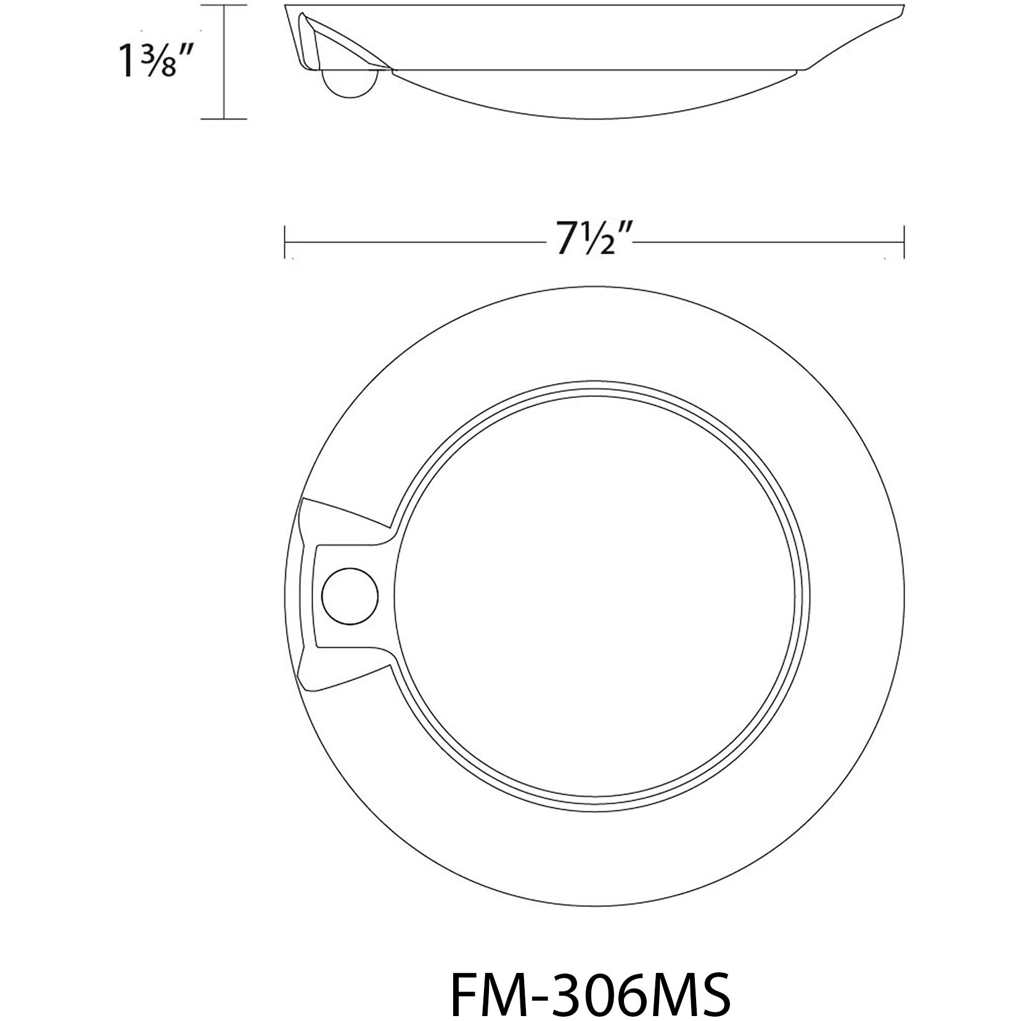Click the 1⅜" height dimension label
pos(152,60)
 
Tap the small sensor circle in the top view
pos(350,594)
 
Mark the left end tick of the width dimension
pos(284,242)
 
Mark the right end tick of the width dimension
pos(903,242)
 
